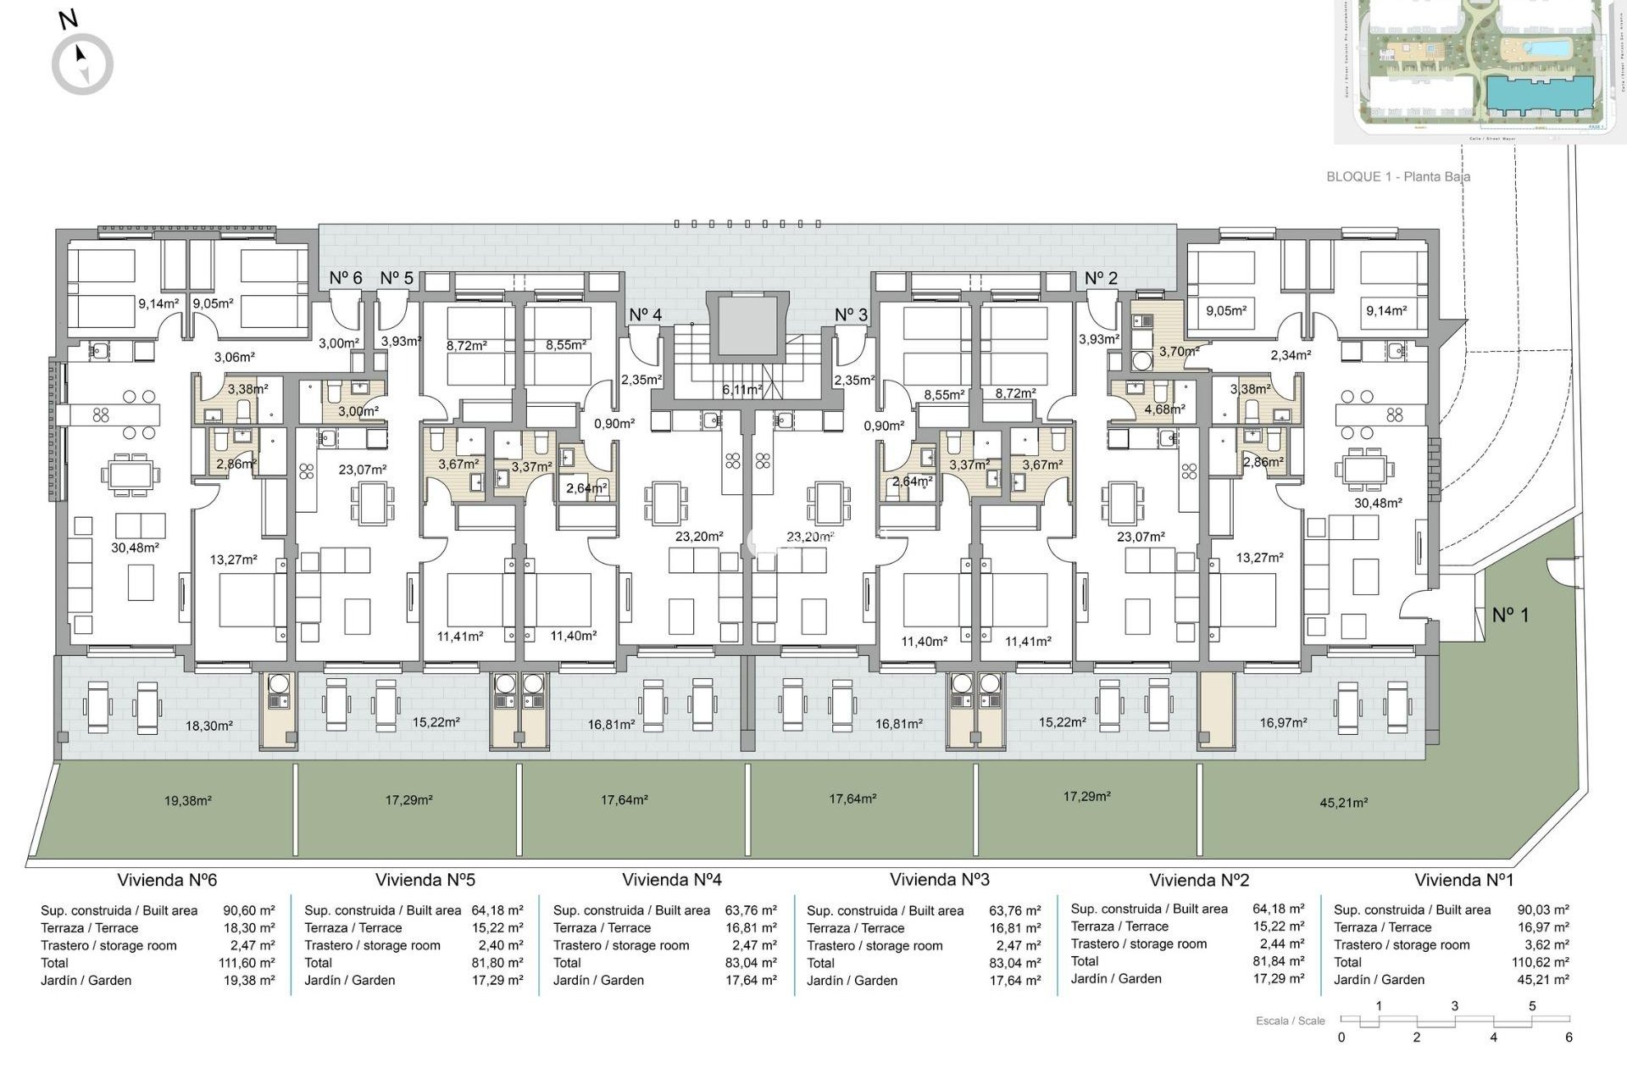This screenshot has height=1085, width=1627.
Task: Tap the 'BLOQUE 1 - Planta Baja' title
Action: pyautogui.click(x=1397, y=177)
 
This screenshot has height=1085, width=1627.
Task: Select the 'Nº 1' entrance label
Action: pyautogui.click(x=1510, y=615)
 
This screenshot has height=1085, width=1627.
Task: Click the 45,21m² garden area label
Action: pyautogui.click(x=1343, y=803)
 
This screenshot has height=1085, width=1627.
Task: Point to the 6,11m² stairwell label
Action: pyautogui.click(x=741, y=390)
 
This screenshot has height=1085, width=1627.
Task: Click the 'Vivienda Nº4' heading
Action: pyautogui.click(x=671, y=880)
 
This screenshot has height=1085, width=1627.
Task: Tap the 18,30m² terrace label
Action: pyautogui.click(x=208, y=726)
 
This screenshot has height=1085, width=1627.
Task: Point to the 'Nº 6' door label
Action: pyautogui.click(x=345, y=278)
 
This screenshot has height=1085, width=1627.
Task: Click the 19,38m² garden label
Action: pyautogui.click(x=187, y=800)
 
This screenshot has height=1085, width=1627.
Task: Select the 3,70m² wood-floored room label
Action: pyautogui.click(x=1179, y=351)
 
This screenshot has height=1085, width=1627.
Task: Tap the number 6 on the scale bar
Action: pyautogui.click(x=1569, y=1038)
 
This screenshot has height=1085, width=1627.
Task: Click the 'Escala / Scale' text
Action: pyautogui.click(x=1290, y=1021)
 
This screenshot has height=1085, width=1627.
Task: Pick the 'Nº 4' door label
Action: pyautogui.click(x=645, y=314)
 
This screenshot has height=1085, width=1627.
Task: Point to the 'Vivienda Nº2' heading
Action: pyautogui.click(x=1198, y=880)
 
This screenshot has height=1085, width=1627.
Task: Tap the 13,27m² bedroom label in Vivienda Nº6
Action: pyautogui.click(x=233, y=560)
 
